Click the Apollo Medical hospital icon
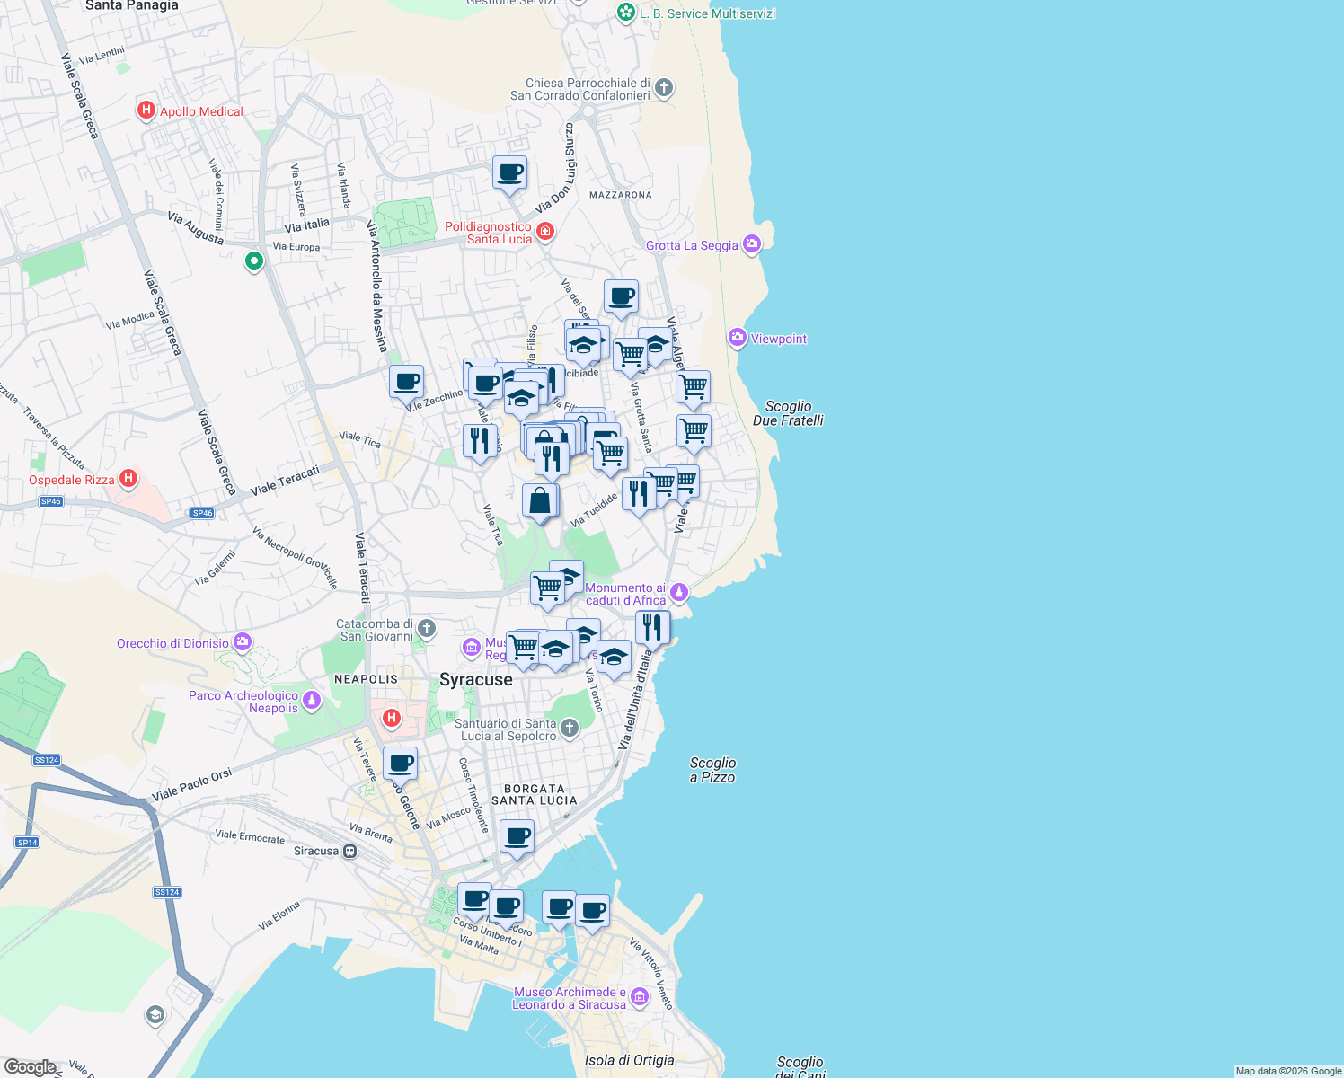tap(146, 110)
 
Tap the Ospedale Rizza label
tap(72, 480)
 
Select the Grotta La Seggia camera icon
tap(752, 243)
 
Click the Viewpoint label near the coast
tap(778, 339)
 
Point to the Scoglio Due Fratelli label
tap(788, 413)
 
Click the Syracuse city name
tap(475, 680)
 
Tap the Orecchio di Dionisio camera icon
tap(242, 642)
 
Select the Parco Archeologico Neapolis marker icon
tap(312, 700)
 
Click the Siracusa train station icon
tap(350, 851)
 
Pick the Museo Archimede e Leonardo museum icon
tap(639, 996)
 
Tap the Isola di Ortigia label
tap(629, 1060)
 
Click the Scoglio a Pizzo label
tap(712, 770)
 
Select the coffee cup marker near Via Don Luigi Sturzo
tap(509, 172)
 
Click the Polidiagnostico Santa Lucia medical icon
tap(544, 233)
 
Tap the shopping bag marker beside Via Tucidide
tap(540, 501)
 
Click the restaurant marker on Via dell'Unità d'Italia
tap(652, 626)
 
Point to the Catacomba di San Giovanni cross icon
tap(427, 628)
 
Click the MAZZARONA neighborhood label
tap(620, 195)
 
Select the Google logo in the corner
tap(30, 1066)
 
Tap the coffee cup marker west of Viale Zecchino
tap(406, 381)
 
